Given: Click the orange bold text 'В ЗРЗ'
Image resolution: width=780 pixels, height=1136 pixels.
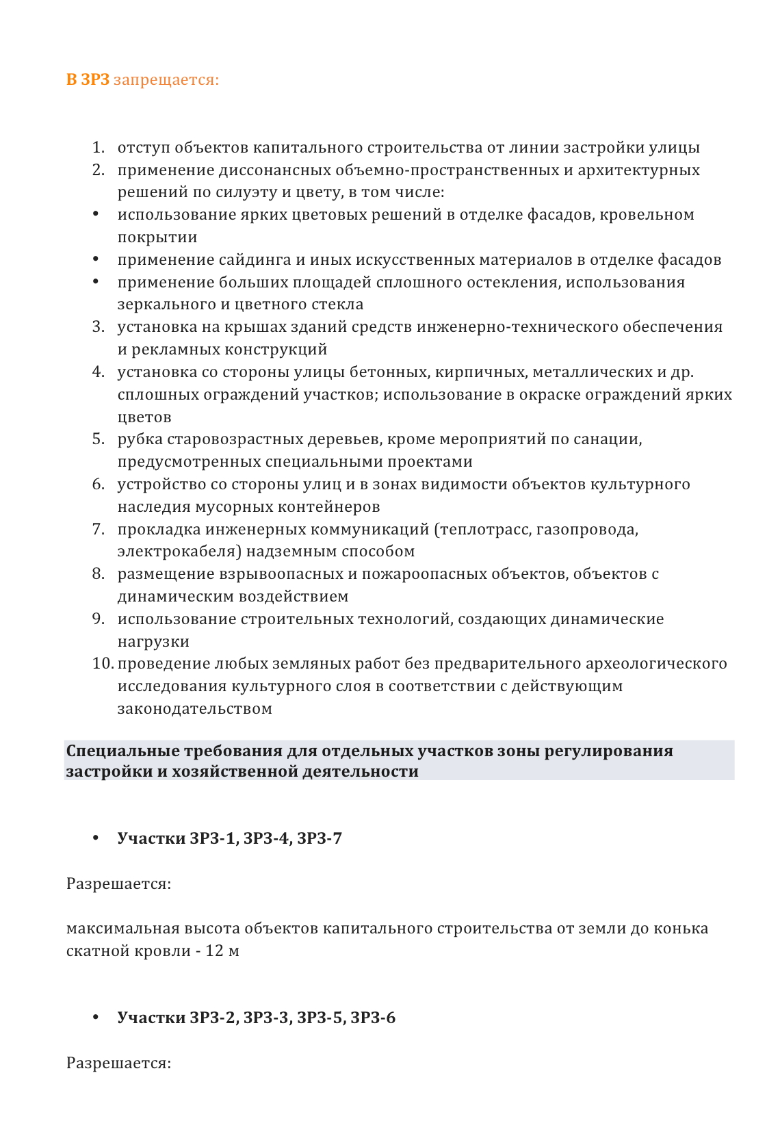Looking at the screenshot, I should pyautogui.click(x=88, y=80).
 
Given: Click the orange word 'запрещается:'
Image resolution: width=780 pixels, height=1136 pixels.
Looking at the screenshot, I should pyautogui.click(x=166, y=80).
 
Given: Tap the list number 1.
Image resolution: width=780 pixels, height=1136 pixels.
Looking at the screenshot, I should pyautogui.click(x=99, y=148).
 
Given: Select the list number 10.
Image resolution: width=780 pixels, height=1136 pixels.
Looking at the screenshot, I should pyautogui.click(x=103, y=664).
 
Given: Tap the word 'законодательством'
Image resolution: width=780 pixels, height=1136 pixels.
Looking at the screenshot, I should pyautogui.click(x=194, y=709).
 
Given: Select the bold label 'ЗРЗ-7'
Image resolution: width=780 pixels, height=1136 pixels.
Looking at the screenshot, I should pyautogui.click(x=319, y=839).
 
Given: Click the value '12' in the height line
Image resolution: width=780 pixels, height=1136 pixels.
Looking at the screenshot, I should pyautogui.click(x=214, y=952).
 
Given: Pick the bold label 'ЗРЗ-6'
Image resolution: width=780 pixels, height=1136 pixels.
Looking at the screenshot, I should pyautogui.click(x=373, y=1018).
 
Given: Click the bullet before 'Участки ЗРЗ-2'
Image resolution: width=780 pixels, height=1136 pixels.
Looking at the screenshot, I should pyautogui.click(x=96, y=1018).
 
